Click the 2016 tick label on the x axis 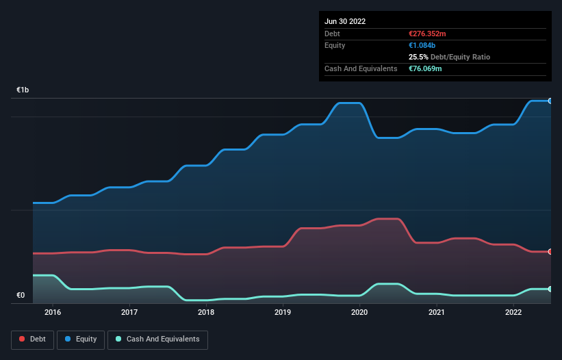point(53,313)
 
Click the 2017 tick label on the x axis point(129,313)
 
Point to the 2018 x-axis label point(206,313)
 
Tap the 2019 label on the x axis point(283,313)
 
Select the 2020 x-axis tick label point(360,313)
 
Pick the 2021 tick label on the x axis point(437,313)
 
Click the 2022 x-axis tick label point(513,313)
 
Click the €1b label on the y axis point(23,90)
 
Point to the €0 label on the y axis point(21,296)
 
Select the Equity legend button point(81,339)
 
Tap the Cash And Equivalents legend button point(157,339)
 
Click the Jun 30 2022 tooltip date point(345,21)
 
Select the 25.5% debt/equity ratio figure point(418,57)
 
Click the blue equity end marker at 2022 point(550,101)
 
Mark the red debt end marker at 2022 point(550,252)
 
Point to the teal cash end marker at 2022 point(550,289)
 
